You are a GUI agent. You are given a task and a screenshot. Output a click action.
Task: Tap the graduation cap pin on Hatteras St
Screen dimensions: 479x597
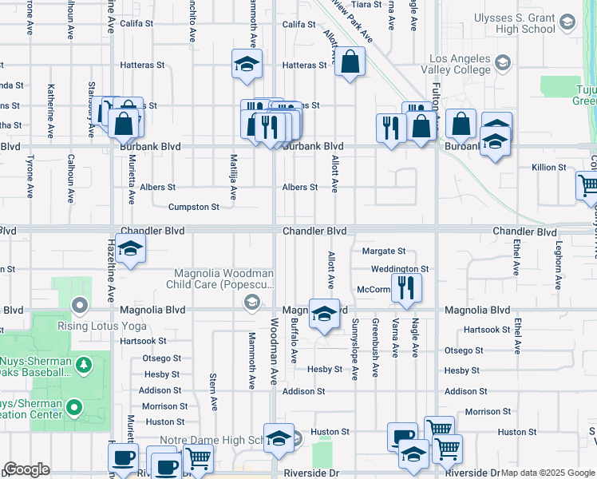pyautogui.click(x=247, y=63)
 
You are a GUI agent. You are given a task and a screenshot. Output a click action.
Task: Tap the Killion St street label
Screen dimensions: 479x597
pyautogui.click(x=549, y=168)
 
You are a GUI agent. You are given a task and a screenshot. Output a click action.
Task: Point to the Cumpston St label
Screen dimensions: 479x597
pyautogui.click(x=193, y=208)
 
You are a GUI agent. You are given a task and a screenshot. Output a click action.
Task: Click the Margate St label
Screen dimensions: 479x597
pyautogui.click(x=384, y=251)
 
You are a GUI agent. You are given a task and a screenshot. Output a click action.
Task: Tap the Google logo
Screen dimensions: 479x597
pyautogui.click(x=27, y=469)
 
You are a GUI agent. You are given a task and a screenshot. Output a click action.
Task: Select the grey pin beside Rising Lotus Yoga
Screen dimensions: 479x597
pyautogui.click(x=78, y=304)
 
